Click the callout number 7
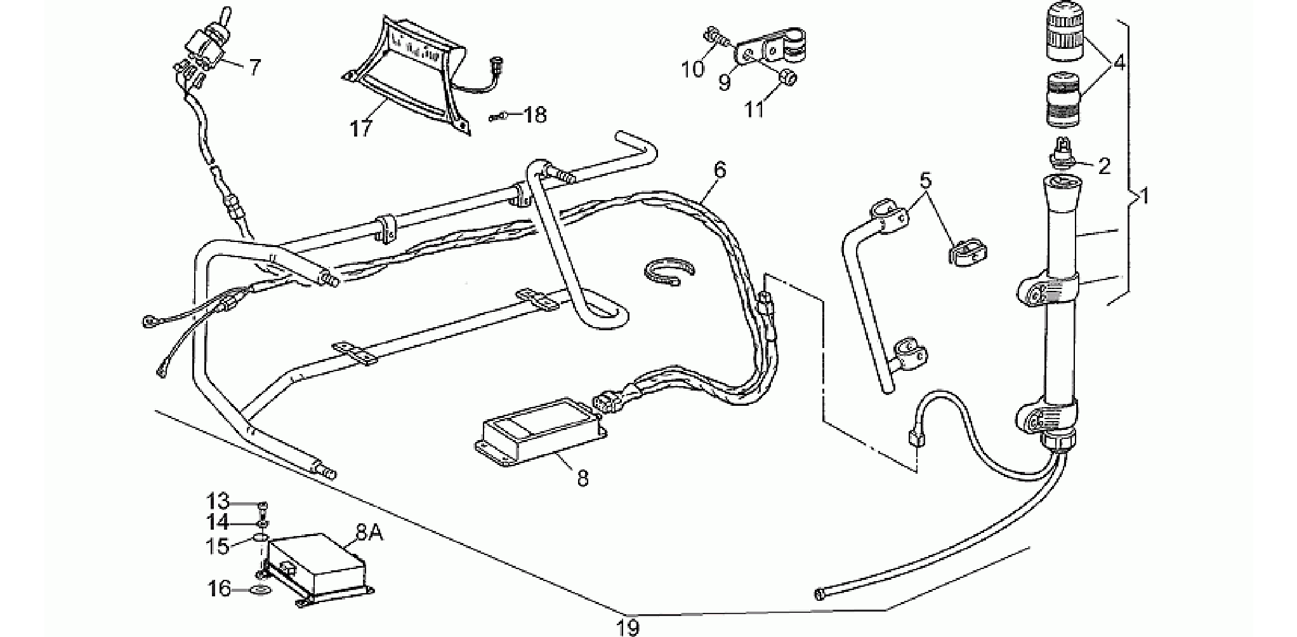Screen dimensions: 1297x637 click(254, 67)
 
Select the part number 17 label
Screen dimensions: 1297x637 click(361, 128)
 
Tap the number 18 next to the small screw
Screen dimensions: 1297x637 click(536, 115)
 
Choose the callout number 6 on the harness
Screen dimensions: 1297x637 click(719, 170)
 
